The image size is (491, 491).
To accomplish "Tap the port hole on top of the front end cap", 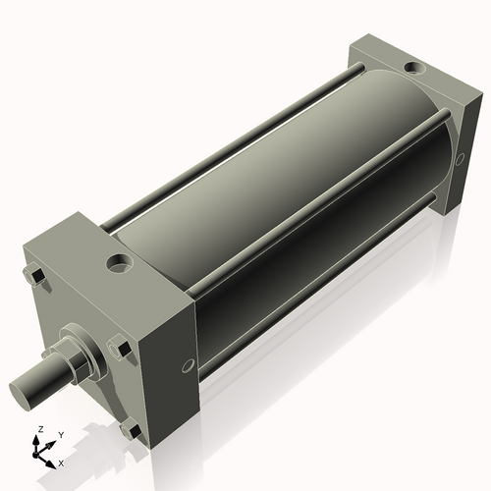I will tap(120, 263).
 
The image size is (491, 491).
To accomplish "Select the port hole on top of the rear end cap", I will tap(413, 69).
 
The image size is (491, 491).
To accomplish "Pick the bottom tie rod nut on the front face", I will tap(130, 428).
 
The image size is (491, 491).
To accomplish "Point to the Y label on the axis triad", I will tap(61, 433).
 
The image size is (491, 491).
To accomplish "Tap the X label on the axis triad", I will tap(61, 461).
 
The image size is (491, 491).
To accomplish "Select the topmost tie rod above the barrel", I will tap(226, 147).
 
